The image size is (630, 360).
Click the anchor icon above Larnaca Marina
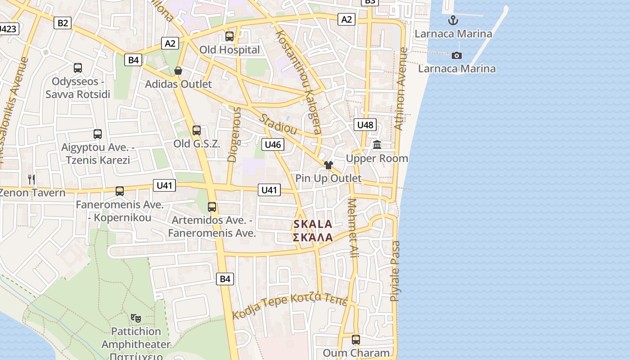point(453,20)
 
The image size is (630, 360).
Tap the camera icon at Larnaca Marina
point(457,55)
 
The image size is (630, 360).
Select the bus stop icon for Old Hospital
point(229,36)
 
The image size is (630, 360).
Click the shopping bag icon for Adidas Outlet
point(178,71)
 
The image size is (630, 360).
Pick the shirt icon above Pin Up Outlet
point(328,165)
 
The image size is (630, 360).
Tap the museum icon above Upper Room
point(377,145)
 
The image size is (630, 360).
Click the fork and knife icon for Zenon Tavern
point(31,180)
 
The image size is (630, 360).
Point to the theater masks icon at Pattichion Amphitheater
point(136,318)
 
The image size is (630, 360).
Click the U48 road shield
point(365,125)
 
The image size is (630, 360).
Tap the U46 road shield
point(273,144)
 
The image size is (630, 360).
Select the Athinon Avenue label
point(400,89)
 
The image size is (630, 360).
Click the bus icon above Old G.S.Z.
point(197,130)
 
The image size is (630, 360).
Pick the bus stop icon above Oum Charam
point(356,339)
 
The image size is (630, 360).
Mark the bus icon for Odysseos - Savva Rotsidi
point(78,68)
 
